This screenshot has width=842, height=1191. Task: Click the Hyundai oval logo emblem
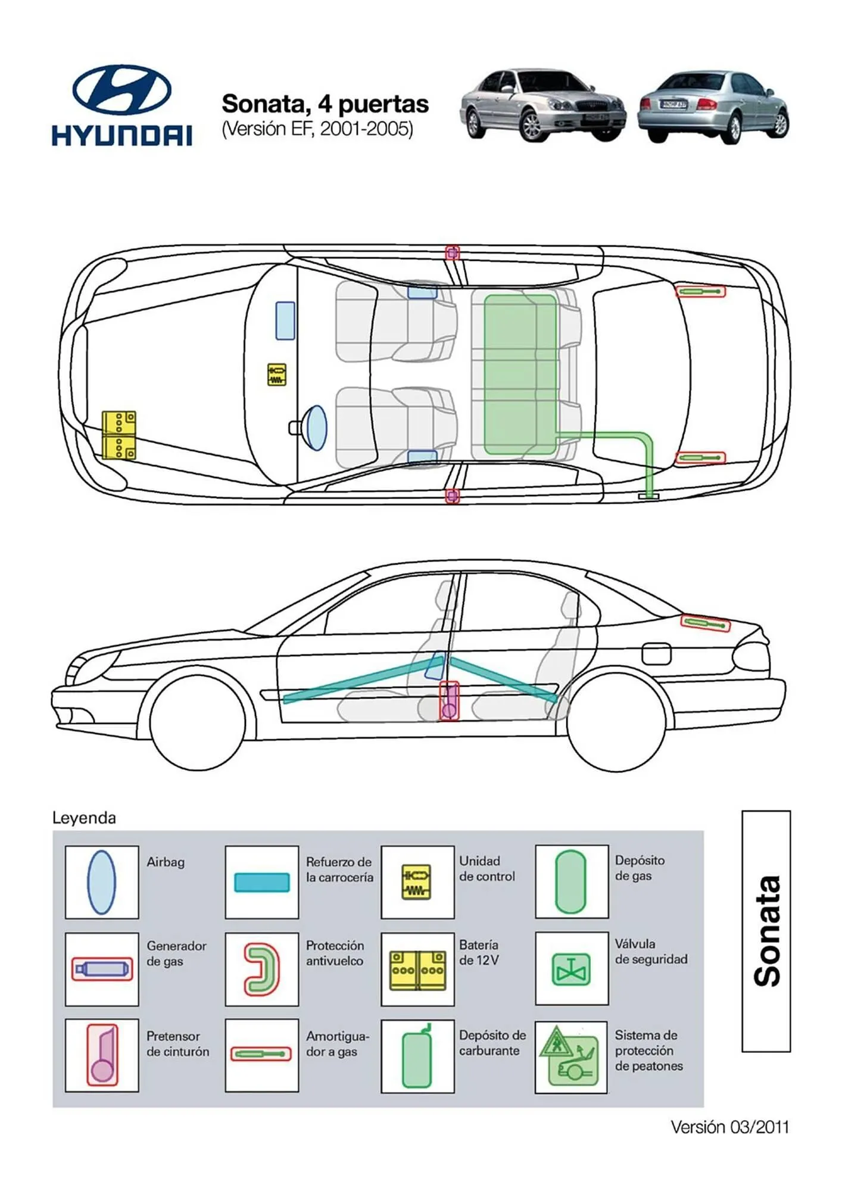click(121, 90)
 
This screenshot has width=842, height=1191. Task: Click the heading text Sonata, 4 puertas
click(325, 104)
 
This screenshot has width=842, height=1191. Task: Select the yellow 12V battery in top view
click(118, 435)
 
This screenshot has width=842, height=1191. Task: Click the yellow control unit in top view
click(276, 375)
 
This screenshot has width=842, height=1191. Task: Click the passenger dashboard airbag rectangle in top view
click(285, 321)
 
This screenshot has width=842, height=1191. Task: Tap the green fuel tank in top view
click(520, 375)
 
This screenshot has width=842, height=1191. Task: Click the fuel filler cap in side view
click(656, 653)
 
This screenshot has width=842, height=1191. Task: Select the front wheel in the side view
click(198, 722)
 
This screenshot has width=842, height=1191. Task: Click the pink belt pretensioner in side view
click(449, 701)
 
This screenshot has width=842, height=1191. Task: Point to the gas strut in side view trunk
click(705, 623)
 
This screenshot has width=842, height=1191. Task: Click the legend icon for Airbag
click(101, 882)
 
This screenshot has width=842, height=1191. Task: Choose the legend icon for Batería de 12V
click(417, 969)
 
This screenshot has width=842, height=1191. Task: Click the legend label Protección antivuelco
click(335, 953)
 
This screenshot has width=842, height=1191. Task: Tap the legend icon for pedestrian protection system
click(570, 1057)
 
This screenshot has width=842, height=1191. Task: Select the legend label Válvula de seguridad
click(650, 952)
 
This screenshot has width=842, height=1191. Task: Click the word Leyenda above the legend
click(84, 818)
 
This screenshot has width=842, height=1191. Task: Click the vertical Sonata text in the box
click(766, 931)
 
